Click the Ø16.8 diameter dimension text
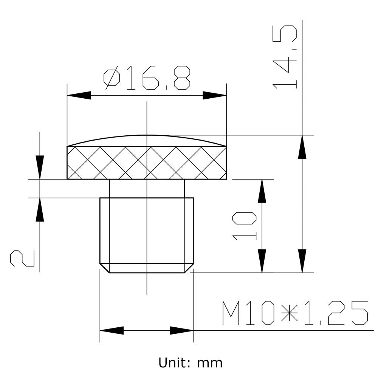click(147, 78)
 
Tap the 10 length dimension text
click(244, 226)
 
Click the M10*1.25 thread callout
click(295, 313)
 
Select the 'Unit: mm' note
click(190, 363)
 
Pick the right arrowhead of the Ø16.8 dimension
click(214, 95)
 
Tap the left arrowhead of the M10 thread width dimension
click(112, 331)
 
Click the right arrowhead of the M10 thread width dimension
click(182, 331)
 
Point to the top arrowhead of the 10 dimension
click(262, 191)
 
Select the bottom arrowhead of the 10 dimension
click(262, 261)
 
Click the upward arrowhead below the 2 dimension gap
click(40, 209)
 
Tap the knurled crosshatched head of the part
click(147, 163)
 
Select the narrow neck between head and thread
click(147, 188)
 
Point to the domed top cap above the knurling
click(147, 141)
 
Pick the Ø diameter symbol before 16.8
click(112, 78)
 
